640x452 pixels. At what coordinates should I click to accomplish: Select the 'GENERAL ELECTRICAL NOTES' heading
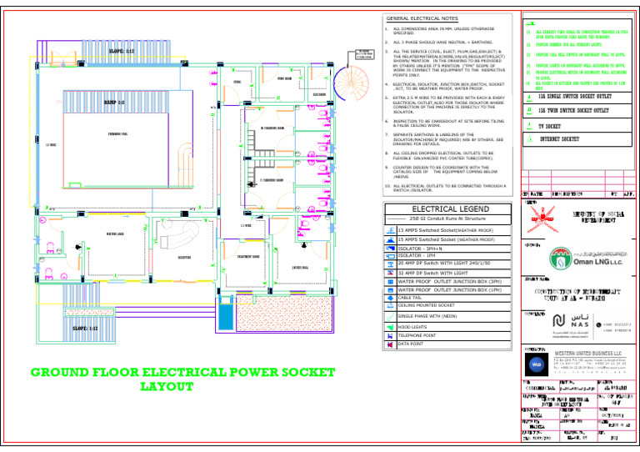(422, 18)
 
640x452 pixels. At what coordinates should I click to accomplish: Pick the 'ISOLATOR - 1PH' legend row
(419, 255)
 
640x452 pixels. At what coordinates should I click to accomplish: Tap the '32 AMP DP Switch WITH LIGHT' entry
(431, 273)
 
